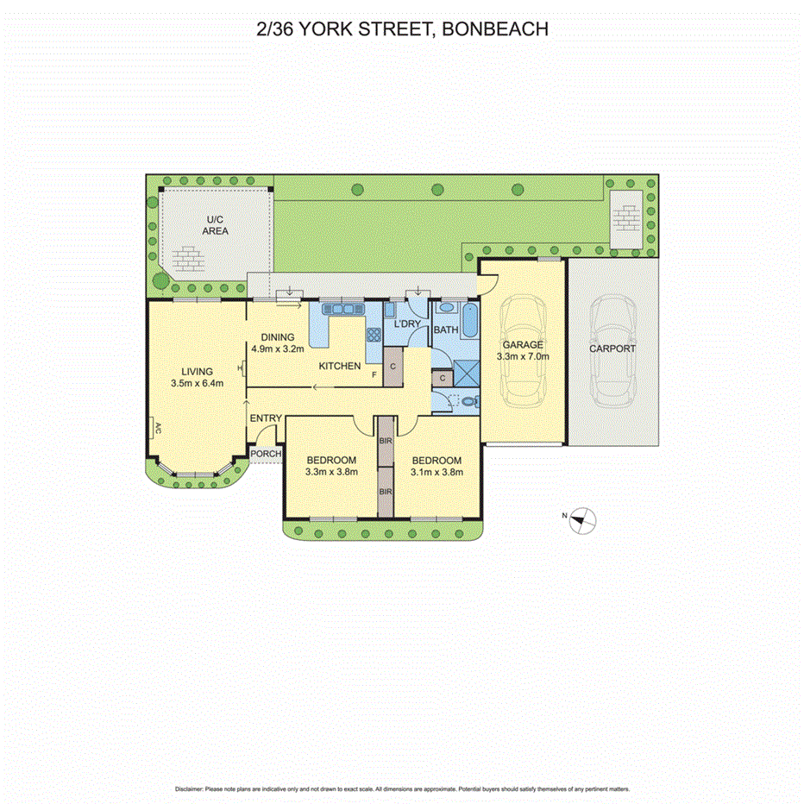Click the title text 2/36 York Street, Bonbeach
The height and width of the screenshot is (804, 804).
[402, 29]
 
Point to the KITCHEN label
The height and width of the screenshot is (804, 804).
[340, 366]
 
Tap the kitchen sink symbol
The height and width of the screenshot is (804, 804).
[342, 308]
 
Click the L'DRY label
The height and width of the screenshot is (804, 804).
[407, 324]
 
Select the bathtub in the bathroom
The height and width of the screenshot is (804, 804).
[469, 321]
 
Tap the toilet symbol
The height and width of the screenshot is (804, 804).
[468, 400]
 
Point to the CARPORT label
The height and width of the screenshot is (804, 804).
[612, 349]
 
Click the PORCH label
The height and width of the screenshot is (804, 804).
[266, 455]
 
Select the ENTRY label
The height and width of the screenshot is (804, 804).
[266, 418]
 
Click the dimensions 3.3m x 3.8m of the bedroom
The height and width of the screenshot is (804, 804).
[331, 472]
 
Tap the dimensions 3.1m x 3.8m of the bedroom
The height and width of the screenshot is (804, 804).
[437, 472]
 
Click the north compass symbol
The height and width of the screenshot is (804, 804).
[584, 518]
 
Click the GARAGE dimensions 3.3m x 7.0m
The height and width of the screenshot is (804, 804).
[523, 356]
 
